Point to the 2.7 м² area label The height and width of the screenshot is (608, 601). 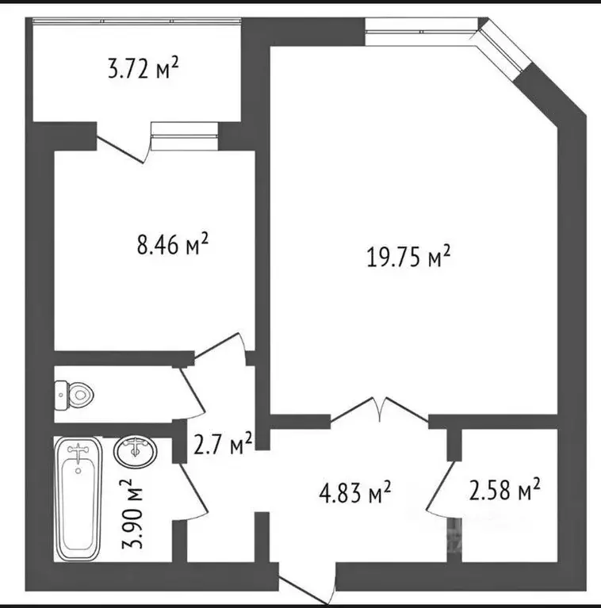224,445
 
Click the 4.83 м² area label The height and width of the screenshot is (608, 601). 357,493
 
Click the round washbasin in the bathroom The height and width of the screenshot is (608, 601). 136,453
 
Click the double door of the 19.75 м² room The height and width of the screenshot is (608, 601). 381,409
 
